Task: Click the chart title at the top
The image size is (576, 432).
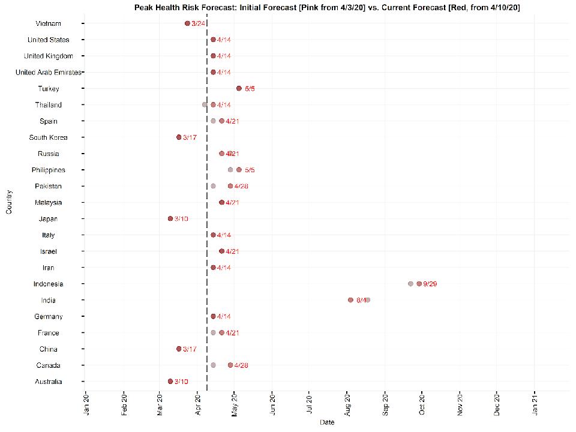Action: tap(327, 7)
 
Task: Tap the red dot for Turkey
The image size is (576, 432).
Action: tap(239, 88)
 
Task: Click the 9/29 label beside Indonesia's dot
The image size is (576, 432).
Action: tap(430, 284)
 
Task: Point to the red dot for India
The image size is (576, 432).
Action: tap(350, 300)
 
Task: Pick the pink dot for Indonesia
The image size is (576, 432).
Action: tap(410, 284)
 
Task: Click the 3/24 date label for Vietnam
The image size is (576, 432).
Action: tap(199, 23)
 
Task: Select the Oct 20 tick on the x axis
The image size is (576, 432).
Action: tap(422, 404)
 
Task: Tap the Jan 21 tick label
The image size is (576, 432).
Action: tap(535, 404)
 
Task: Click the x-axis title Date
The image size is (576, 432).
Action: tap(327, 423)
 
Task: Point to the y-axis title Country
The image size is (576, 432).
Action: tap(8, 202)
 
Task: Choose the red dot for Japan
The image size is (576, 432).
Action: tap(170, 218)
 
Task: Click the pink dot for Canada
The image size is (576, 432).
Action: tap(213, 365)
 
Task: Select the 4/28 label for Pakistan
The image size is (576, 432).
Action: tap(241, 186)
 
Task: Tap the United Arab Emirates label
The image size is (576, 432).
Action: tap(48, 72)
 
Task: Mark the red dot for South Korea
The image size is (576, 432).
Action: tap(179, 137)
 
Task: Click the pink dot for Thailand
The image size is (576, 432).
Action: tap(205, 104)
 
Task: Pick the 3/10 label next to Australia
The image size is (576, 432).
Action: tap(181, 382)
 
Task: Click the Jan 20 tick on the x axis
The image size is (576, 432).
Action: tap(86, 404)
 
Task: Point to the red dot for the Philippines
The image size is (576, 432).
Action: tap(239, 170)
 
